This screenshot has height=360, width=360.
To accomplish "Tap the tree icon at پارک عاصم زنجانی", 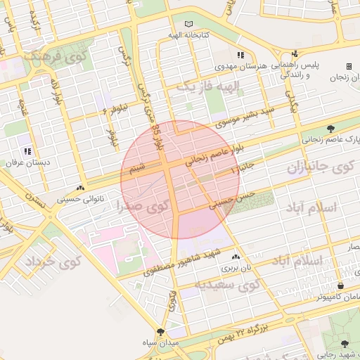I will (330, 128).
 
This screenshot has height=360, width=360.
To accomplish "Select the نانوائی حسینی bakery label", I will (103, 199).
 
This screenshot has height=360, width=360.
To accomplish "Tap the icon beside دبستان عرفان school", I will (27, 151).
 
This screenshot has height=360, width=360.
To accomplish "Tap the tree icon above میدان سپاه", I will (162, 331).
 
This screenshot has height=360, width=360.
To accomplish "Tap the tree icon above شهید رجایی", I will (345, 344).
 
